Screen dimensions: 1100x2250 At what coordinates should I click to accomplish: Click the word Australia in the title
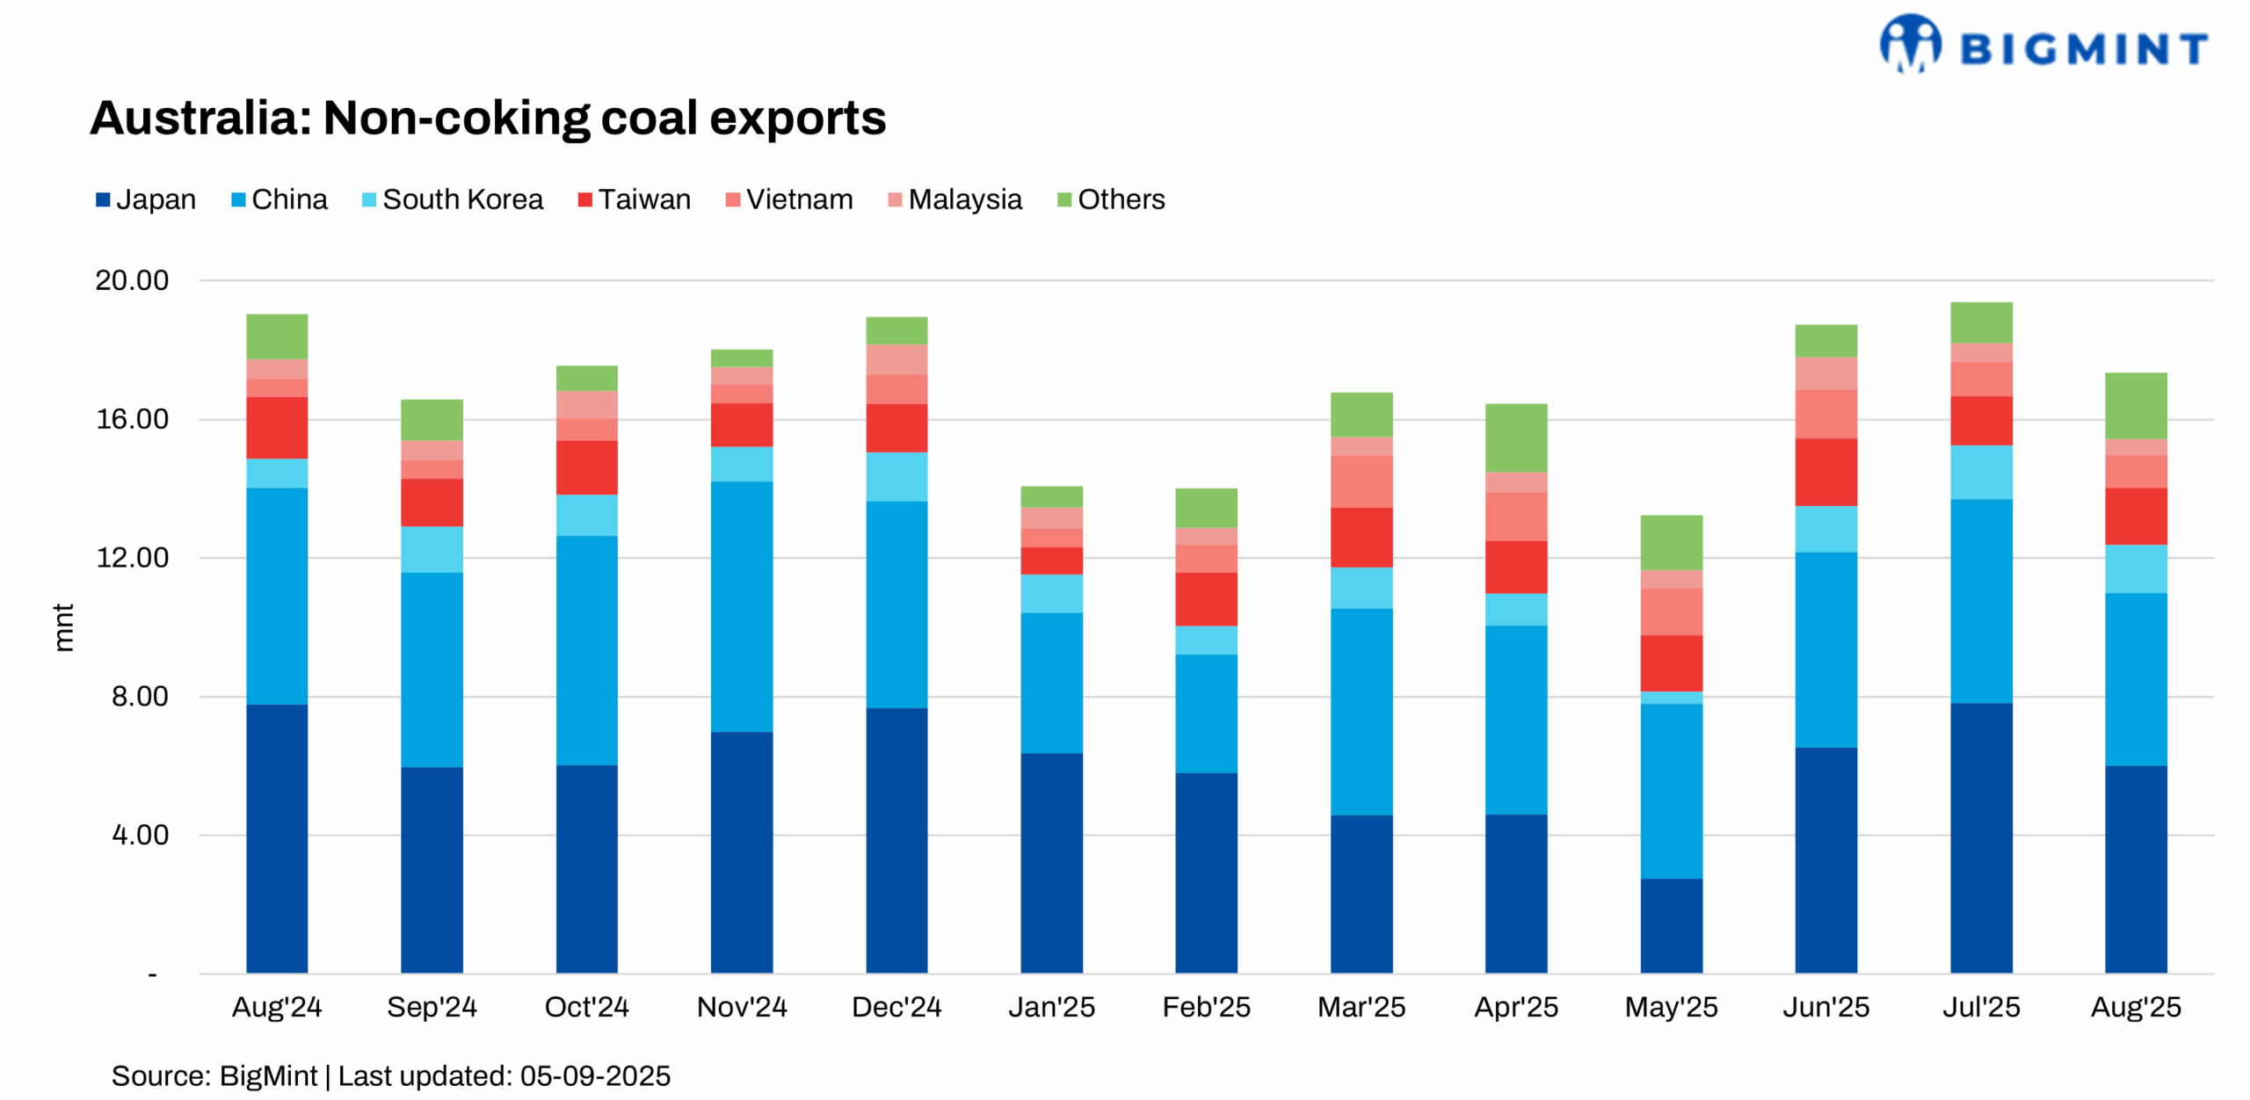pos(200,119)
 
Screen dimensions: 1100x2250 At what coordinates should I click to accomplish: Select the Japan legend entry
pos(146,199)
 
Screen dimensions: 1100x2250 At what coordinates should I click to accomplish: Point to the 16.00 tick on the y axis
pos(132,419)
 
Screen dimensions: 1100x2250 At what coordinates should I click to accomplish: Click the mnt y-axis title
pos(63,627)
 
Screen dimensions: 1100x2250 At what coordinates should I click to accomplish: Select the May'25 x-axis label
pos(1671,1007)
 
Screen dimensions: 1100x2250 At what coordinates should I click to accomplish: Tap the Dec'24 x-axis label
pos(896,1007)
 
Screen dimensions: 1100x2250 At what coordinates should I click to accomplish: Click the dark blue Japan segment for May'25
pos(1671,925)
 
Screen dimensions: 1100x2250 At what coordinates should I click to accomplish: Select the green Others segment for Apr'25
pos(1515,438)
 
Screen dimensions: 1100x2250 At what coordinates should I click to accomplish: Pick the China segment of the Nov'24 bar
pos(741,606)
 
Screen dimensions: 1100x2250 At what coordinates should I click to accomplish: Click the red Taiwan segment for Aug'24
pos(277,428)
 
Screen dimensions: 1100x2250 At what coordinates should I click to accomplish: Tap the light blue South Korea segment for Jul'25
pos(1980,472)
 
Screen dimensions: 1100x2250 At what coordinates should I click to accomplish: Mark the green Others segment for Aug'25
pos(2135,405)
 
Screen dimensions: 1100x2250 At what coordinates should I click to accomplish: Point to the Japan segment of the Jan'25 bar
pos(1051,862)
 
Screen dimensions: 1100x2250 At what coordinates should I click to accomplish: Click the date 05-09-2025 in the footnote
pos(595,1076)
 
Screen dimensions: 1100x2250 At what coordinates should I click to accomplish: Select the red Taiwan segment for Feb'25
pos(1206,599)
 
